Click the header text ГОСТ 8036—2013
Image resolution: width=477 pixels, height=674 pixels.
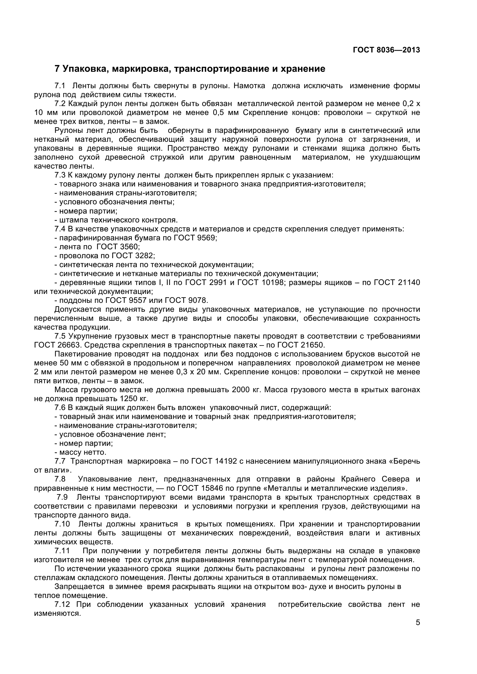[386, 50]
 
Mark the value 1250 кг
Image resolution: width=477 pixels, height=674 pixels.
[133, 399]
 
